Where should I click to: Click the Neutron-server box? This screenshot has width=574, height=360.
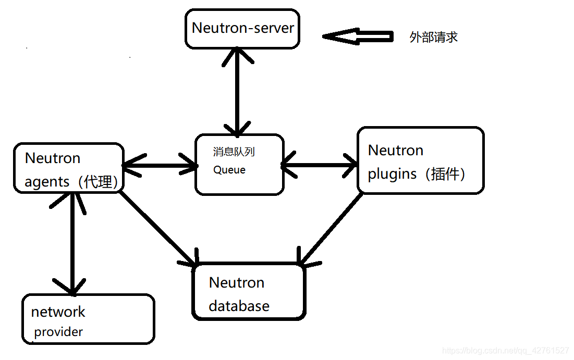pos(242,28)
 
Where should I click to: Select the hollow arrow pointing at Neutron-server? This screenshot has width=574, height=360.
pos(358,36)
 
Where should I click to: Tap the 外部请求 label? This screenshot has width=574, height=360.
pos(433,38)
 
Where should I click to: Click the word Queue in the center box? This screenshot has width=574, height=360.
pos(229,170)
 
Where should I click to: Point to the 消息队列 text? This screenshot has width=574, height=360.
pos(234,152)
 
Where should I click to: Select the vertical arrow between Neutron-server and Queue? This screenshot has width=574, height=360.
pos(238,91)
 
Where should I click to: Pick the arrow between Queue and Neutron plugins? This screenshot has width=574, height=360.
pos(320,166)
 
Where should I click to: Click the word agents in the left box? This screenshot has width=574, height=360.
pos(47,182)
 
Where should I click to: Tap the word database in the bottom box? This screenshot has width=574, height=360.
pos(239,306)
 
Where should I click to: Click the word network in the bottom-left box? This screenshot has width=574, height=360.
pos(58,312)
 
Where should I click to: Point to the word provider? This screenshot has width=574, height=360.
pos(58,332)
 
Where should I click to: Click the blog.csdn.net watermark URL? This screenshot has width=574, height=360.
pos(505,351)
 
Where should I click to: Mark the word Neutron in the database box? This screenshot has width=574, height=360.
pos(236,283)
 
